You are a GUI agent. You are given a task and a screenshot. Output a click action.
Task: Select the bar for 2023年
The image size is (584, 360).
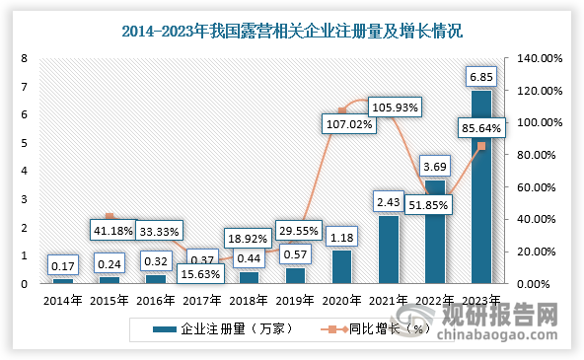point(480,186)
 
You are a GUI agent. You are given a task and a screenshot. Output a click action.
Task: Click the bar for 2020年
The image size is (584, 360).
point(343,266)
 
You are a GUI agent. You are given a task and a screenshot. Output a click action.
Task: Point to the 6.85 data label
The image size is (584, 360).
point(480,76)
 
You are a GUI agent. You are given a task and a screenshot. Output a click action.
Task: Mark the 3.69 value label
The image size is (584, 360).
point(435,164)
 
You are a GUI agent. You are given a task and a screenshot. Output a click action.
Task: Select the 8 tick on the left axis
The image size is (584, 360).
point(24,58)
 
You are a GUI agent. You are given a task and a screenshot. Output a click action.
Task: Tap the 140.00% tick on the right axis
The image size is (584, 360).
point(541,58)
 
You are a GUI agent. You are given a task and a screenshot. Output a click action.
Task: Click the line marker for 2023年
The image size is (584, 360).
point(480,146)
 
